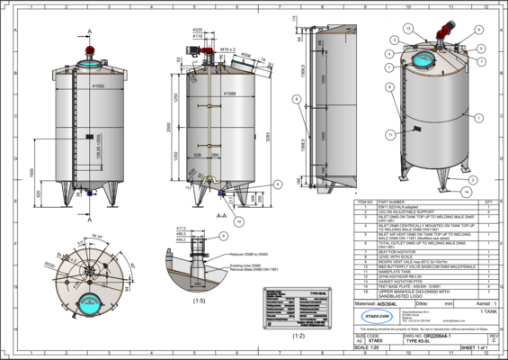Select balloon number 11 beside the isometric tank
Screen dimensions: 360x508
[x=391, y=133]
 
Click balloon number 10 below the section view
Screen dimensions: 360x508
[x=238, y=220]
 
